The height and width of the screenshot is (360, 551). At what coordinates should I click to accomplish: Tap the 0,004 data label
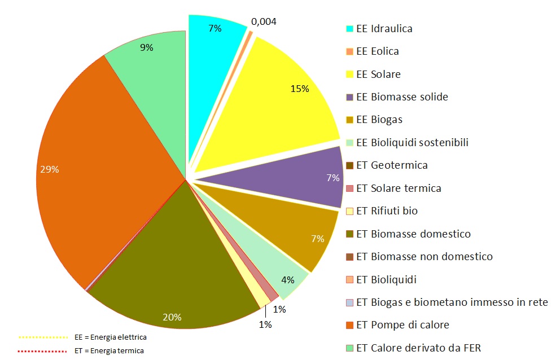[264, 21]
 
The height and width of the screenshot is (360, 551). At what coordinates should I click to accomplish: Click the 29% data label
[50, 169]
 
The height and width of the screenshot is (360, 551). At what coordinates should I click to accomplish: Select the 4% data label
[288, 280]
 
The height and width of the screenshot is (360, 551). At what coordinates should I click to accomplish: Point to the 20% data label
[172, 317]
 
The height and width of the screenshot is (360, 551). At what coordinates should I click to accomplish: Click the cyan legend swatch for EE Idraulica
[349, 29]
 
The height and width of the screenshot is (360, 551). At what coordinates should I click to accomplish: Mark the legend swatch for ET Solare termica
[349, 188]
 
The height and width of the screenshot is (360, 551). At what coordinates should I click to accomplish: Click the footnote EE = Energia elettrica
[110, 337]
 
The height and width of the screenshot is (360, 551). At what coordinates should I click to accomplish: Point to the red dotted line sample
[43, 351]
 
